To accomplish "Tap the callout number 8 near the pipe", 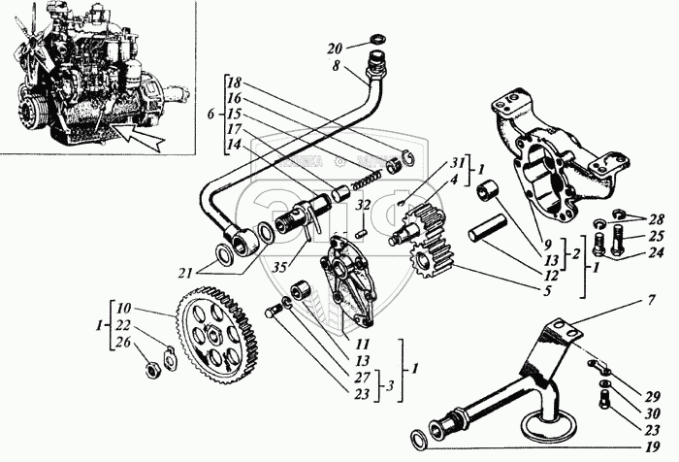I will [336, 66].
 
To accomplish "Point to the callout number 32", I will [361, 206].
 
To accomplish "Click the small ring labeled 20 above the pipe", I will [372, 43].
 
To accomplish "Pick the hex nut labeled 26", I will [154, 369].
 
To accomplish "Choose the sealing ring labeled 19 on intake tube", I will [419, 437].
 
